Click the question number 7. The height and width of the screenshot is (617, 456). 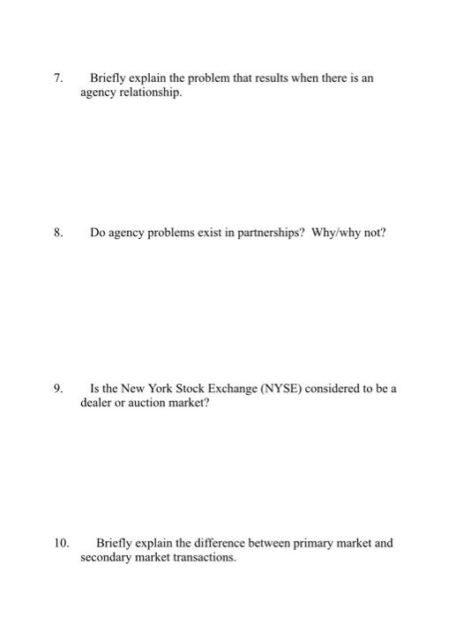tap(58, 79)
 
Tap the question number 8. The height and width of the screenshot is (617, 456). tap(58, 234)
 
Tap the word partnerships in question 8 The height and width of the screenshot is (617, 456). tap(260, 234)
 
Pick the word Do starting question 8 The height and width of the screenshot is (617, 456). tap(99, 234)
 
